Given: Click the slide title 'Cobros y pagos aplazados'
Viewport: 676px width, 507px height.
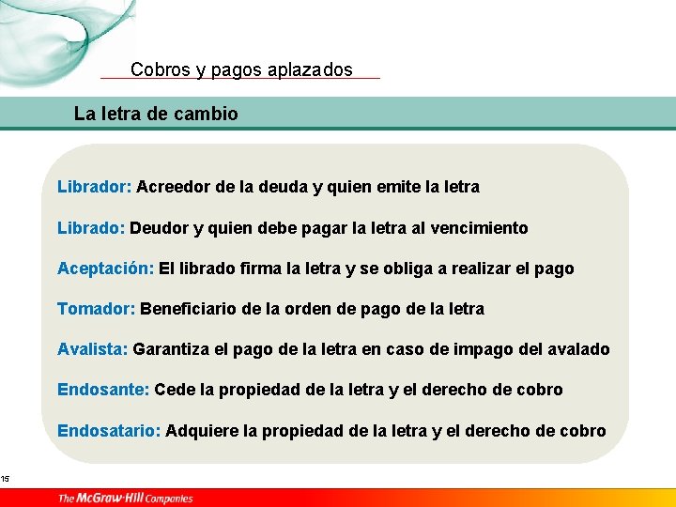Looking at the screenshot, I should pyautogui.click(x=241, y=69).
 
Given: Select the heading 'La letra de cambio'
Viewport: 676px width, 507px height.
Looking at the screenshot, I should pyautogui.click(x=156, y=115).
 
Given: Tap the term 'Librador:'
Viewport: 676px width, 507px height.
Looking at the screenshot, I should pyautogui.click(x=94, y=187).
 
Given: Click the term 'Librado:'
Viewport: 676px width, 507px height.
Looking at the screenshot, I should pyautogui.click(x=90, y=228).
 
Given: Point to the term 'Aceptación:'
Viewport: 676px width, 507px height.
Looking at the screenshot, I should pyautogui.click(x=105, y=269).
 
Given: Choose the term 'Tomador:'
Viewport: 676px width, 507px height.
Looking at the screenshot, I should pyautogui.click(x=97, y=309).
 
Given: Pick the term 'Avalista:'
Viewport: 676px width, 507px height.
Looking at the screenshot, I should pyautogui.click(x=92, y=349).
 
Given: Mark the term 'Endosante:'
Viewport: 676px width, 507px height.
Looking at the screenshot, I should pyautogui.click(x=102, y=390).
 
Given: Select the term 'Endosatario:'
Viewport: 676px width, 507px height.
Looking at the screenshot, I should pyautogui.click(x=109, y=431).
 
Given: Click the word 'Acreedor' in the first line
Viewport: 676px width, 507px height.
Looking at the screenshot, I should pyautogui.click(x=173, y=187).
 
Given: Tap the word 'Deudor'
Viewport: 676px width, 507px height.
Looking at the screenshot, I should pyautogui.click(x=158, y=228).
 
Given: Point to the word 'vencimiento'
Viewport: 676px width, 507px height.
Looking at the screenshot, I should pyautogui.click(x=483, y=228).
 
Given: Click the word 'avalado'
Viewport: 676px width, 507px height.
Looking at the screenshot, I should pyautogui.click(x=578, y=349).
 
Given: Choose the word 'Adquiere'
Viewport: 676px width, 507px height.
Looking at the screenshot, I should pyautogui.click(x=199, y=431).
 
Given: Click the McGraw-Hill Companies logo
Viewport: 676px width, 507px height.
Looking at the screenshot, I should pyautogui.click(x=125, y=498).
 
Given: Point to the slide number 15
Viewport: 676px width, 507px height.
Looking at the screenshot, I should pyautogui.click(x=5, y=480).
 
